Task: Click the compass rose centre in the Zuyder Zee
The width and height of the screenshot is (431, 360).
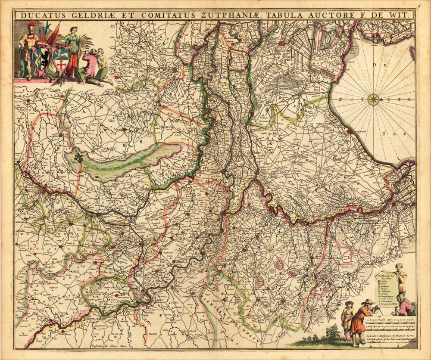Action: (x=374, y=99)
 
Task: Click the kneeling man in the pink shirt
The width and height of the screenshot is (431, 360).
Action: (x=91, y=67)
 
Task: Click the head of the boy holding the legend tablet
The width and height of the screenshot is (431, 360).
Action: (x=399, y=267)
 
